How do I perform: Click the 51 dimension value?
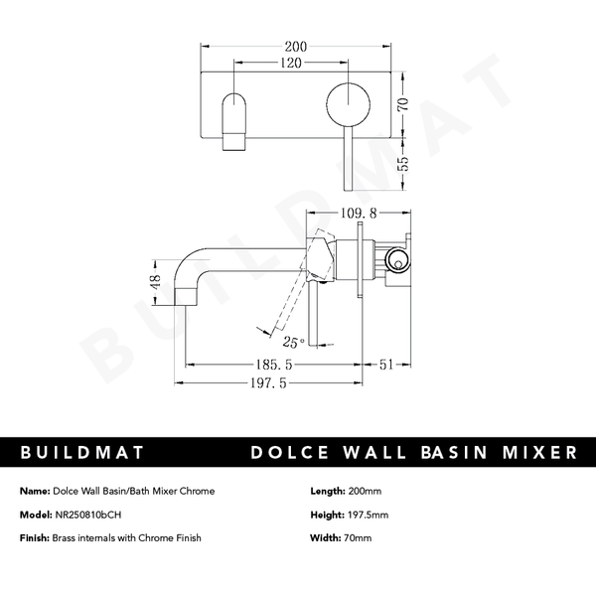(x=389, y=366)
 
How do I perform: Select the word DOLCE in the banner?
(x=297, y=453)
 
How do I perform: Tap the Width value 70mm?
(x=357, y=538)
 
